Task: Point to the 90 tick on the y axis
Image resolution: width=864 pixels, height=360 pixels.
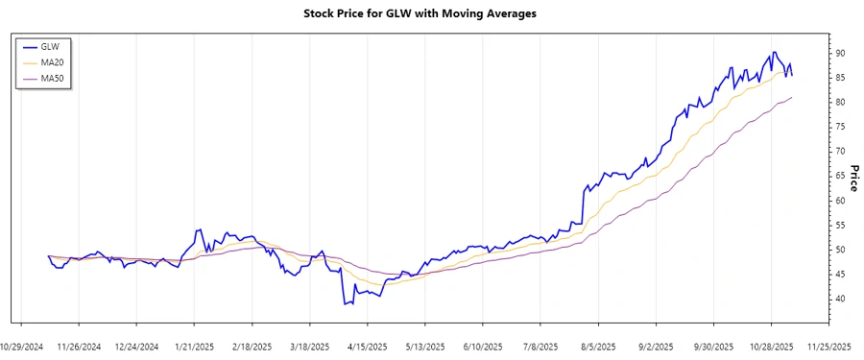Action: (x=840, y=53)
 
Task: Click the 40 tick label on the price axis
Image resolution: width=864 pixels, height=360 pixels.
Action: (x=840, y=300)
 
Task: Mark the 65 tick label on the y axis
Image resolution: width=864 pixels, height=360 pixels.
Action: (x=840, y=177)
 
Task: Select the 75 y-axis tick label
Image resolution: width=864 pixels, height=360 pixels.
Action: (x=840, y=127)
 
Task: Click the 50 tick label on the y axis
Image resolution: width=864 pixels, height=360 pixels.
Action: (x=840, y=251)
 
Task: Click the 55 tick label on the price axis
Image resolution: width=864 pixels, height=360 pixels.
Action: (x=840, y=226)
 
